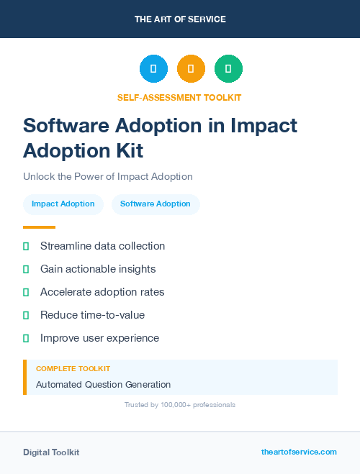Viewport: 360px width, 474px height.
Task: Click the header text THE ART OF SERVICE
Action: coord(180,19)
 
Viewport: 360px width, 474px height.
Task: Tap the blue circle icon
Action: coord(153,69)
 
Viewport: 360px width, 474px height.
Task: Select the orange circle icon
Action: coord(191,69)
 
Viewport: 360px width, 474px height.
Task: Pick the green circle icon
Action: coord(228,69)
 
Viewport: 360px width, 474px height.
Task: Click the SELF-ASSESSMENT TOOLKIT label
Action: coord(179,97)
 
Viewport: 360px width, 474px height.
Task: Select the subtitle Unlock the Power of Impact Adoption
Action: coord(108,176)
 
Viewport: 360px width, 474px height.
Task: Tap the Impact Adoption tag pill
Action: coord(63,204)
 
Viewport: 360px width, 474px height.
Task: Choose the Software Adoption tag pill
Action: coord(156,204)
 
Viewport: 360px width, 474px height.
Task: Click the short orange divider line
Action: coord(39,227)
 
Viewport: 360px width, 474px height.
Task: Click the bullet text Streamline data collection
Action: coord(102,246)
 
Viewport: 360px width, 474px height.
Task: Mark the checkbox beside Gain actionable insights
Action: coord(26,269)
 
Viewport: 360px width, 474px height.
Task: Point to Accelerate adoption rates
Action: coord(102,292)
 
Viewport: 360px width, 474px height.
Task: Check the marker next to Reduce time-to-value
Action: coord(26,315)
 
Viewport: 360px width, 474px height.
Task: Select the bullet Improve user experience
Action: coord(99,338)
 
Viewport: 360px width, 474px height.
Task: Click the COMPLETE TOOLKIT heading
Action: coord(73,369)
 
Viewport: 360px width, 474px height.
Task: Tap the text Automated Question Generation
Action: coord(103,385)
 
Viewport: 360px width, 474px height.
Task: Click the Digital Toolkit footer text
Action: coord(51,452)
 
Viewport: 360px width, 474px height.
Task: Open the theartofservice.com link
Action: coord(299,452)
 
